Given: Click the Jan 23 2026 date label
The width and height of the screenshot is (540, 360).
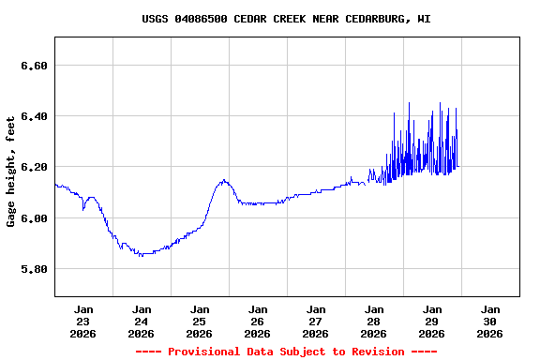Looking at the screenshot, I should [83, 321].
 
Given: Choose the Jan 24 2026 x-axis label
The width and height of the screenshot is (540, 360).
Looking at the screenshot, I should [142, 321].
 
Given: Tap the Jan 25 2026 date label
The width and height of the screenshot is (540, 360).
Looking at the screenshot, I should [200, 321].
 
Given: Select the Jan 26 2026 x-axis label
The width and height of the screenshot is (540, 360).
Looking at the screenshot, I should [258, 321].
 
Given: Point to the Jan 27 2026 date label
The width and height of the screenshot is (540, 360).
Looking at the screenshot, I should [316, 321].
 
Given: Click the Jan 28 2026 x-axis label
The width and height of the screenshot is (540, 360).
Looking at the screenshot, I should [374, 321].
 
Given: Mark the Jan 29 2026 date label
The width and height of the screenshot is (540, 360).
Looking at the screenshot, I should [432, 321].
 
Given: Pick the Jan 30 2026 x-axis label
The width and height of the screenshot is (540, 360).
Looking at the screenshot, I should [490, 321].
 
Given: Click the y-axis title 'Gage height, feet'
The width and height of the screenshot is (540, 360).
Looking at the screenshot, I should [11, 171].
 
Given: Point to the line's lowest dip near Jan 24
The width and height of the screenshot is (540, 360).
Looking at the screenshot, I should [141, 255].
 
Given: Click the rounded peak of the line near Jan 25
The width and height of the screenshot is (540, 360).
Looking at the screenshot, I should [224, 180].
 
